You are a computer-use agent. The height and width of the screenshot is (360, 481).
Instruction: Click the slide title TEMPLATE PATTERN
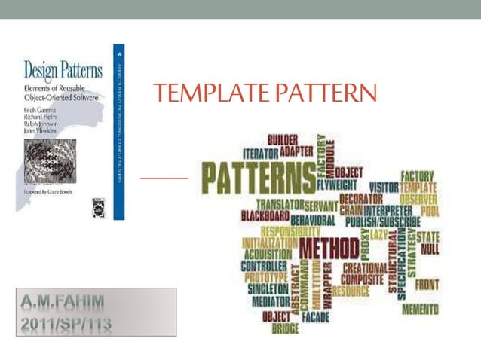coord(265,93)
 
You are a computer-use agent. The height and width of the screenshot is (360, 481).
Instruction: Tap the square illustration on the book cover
coord(51,161)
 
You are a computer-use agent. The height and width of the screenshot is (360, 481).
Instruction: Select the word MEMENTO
coord(420,310)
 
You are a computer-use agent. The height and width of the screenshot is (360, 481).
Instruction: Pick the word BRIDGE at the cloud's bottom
coord(285,329)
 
